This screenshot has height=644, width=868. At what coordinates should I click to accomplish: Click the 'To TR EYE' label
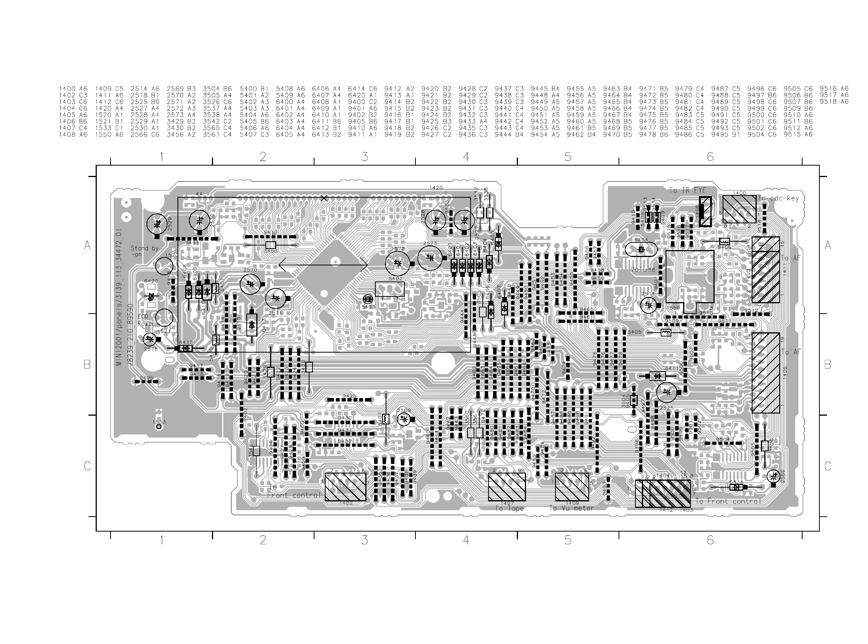pos(687,190)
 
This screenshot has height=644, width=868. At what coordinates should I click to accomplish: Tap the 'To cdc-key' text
pos(778,198)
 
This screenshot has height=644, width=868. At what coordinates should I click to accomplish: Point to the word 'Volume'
pos(643,269)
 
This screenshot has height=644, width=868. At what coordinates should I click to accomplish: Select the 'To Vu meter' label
pos(571,508)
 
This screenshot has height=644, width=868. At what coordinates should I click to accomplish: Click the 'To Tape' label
pos(509,509)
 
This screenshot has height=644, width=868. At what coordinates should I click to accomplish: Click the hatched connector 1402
pos(345,487)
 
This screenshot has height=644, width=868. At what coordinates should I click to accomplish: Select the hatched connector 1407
pos(506,487)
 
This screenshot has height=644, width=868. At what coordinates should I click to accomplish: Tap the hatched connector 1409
pos(572,487)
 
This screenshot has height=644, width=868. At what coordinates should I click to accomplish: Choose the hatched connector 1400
pos(739,209)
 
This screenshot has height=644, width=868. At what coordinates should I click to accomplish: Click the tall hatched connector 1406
pos(765,373)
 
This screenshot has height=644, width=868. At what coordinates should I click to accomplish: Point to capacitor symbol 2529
pos(157,224)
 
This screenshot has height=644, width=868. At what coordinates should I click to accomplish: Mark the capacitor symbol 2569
pos(404,420)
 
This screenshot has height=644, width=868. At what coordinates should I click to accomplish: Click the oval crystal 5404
pos(641,249)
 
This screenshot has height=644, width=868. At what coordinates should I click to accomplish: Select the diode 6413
pos(252,325)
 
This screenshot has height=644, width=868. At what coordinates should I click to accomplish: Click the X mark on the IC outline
pos(323,198)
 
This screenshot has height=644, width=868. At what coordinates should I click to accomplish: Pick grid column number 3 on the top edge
pos(365,157)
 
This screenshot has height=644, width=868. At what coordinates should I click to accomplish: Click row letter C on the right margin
pos(828,466)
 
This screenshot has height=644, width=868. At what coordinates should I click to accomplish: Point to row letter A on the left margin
pos(87,246)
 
